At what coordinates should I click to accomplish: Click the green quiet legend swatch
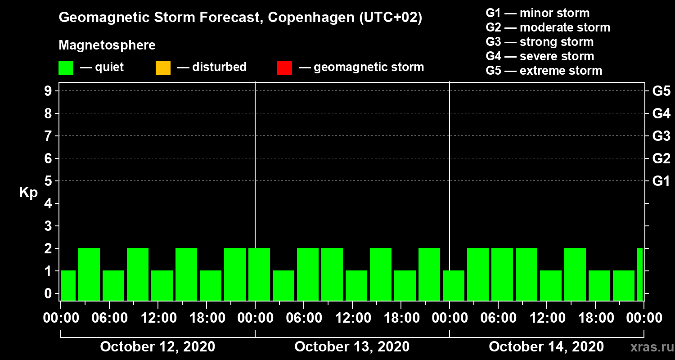pyautogui.click(x=66, y=68)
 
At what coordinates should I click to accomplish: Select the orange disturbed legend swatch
pyautogui.click(x=163, y=68)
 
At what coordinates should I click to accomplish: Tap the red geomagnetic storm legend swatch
pyautogui.click(x=284, y=68)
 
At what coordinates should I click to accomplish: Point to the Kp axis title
pyautogui.click(x=28, y=193)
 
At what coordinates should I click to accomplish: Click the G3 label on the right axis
pyautogui.click(x=661, y=136)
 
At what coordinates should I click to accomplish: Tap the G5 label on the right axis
pyautogui.click(x=661, y=91)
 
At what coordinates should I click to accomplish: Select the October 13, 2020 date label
pyautogui.click(x=352, y=347)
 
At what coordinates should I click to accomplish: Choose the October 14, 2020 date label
pyautogui.click(x=546, y=347)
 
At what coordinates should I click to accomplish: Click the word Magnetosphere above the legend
pyautogui.click(x=107, y=45)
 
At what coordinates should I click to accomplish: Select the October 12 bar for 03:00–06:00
pyautogui.click(x=89, y=274)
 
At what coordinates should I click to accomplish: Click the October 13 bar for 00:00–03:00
pyautogui.click(x=259, y=274)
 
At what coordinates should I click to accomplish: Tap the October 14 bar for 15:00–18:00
pyautogui.click(x=575, y=274)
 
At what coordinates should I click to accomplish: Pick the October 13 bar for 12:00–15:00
pyautogui.click(x=356, y=285)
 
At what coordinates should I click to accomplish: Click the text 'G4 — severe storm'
pyautogui.click(x=540, y=56)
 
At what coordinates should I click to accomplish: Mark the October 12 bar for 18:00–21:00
pyautogui.click(x=211, y=285)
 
